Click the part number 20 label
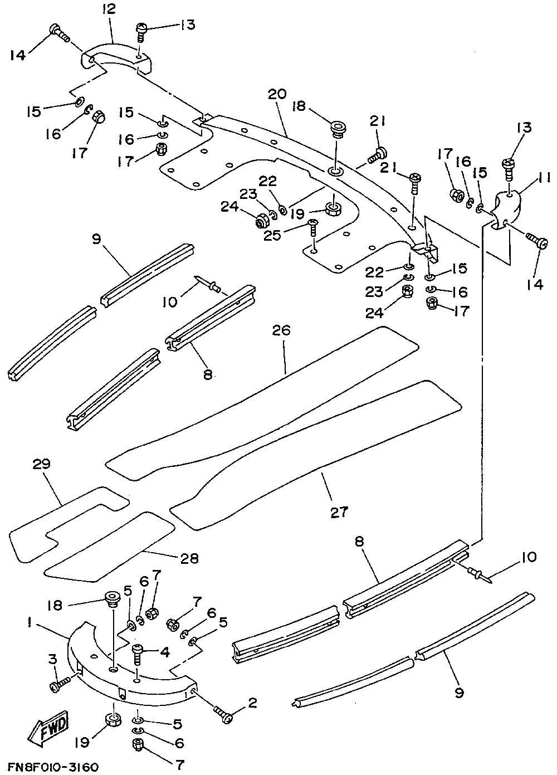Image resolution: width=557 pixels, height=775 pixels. point(277,94)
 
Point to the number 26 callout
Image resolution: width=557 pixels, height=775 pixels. point(281,330)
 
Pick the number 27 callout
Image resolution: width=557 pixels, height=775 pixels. point(339,511)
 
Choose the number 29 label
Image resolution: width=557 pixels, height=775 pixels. point(42,464)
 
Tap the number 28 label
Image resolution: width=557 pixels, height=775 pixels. point(189,558)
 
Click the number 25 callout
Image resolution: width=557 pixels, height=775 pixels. point(272,236)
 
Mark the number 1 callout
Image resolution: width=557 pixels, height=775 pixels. point(30,623)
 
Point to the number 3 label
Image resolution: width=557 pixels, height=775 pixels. point(52,659)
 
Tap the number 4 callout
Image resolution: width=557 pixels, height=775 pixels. point(165,652)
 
